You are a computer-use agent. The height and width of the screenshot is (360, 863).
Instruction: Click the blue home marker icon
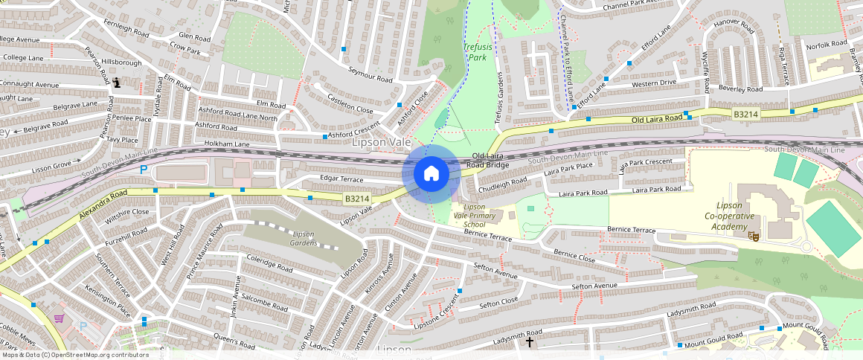coord(430,174)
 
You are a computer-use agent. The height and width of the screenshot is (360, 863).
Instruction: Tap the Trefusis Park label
coord(478,51)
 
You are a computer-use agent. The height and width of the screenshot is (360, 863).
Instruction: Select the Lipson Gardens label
coord(303,238)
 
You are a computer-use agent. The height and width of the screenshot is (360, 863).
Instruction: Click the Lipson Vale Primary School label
coord(475,216)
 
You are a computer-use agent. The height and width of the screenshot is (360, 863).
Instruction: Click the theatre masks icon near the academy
coord(753,236)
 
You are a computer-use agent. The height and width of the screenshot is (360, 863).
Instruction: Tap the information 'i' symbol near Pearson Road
coord(118,83)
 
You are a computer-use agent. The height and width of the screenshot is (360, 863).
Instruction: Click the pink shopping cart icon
coord(59,318)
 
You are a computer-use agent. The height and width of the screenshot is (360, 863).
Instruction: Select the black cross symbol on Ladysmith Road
coord(530,342)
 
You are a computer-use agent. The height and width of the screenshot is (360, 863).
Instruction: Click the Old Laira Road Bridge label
coord(487,160)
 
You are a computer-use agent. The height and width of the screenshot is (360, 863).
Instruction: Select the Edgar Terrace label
coord(341,179)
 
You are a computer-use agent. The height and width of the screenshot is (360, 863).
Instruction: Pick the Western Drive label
coord(654,83)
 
